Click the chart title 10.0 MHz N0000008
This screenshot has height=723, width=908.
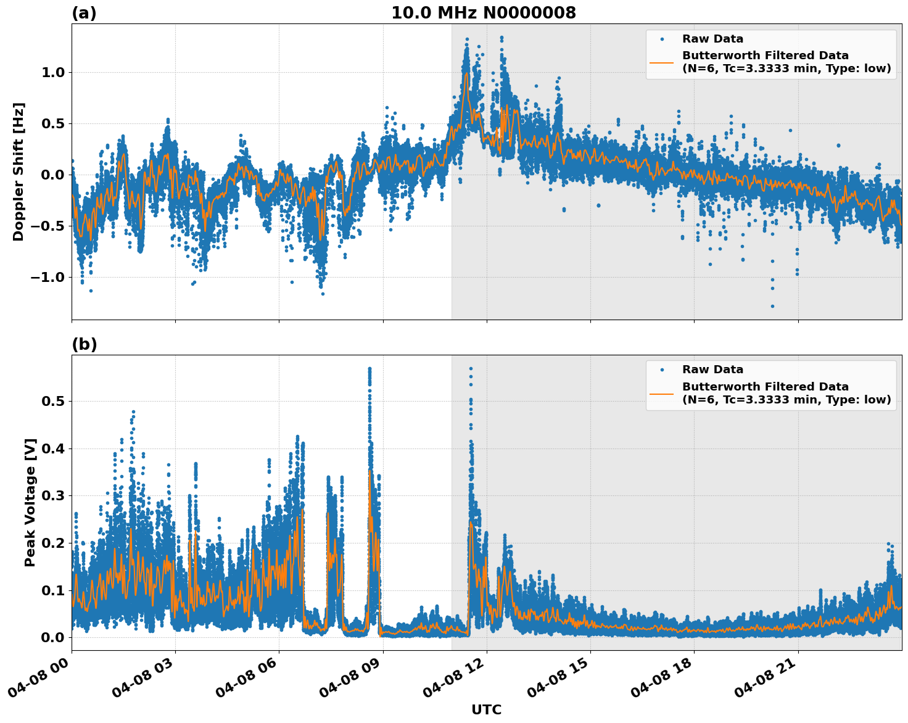(x=483, y=13)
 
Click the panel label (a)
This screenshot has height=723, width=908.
(x=84, y=13)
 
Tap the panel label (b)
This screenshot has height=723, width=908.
(x=84, y=344)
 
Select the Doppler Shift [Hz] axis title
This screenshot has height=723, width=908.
(x=19, y=171)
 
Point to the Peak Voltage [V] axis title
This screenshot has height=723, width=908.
(x=30, y=502)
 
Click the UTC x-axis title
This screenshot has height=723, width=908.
(x=486, y=709)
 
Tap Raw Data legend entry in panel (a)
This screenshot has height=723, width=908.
(x=712, y=39)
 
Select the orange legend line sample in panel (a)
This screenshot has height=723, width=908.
(x=661, y=62)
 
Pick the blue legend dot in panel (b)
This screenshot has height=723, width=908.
(x=661, y=370)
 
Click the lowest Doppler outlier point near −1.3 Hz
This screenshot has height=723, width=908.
(x=772, y=306)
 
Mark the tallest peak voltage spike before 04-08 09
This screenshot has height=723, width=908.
(x=369, y=369)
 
